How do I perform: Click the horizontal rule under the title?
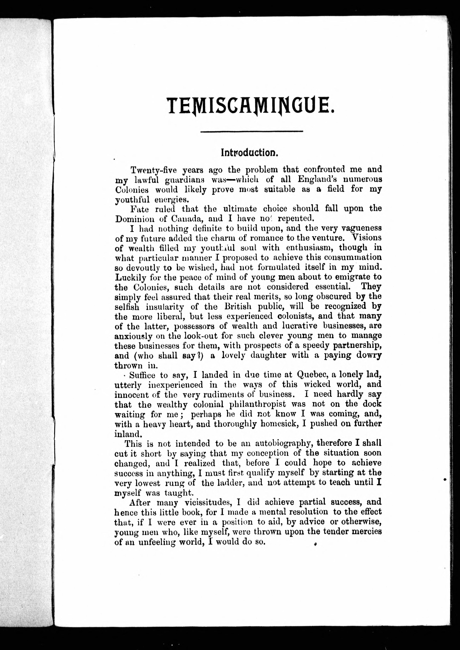pyautogui.click(x=252, y=131)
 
